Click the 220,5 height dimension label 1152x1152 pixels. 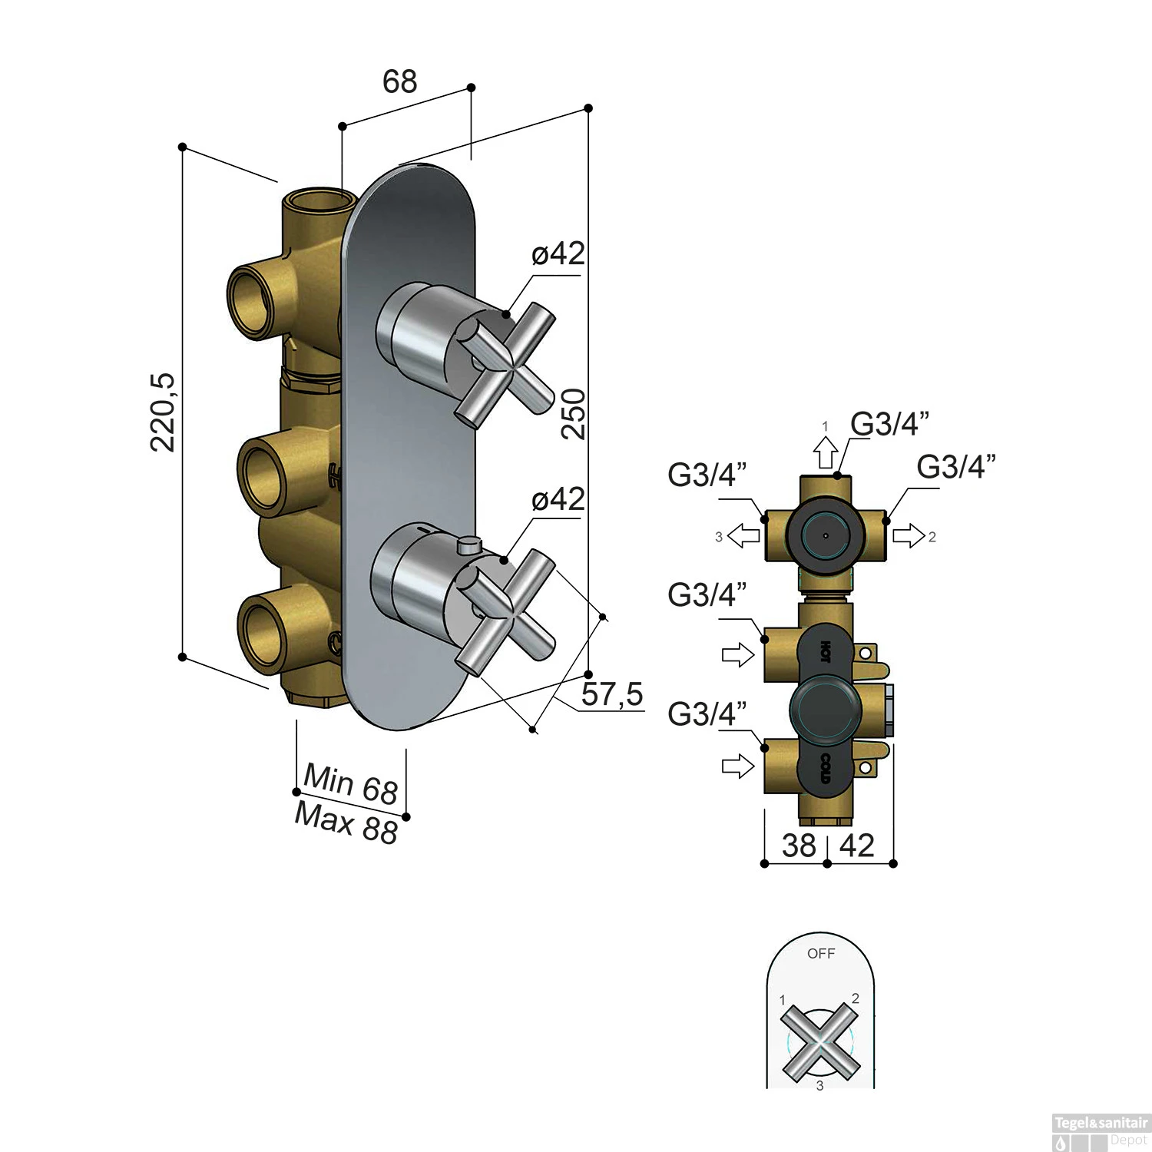point(164,412)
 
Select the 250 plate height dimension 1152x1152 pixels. point(574,414)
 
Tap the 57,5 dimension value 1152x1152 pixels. point(611,694)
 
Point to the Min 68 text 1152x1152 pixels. point(350,783)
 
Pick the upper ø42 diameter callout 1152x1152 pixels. point(558,253)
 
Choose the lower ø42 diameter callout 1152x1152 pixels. point(558,499)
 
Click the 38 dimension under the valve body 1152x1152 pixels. point(799,846)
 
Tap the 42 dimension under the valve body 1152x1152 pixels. point(857,846)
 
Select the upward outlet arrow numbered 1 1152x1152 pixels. point(826,452)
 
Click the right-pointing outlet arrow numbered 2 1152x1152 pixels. point(909,535)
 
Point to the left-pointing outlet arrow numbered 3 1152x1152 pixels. point(743,535)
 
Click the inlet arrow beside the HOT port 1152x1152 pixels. point(738,655)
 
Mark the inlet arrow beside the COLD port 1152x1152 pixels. point(738,766)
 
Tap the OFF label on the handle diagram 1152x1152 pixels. point(820,954)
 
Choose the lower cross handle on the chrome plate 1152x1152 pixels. point(505,611)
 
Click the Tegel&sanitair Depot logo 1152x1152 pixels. point(1101,1132)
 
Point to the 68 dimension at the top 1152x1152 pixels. point(399,81)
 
